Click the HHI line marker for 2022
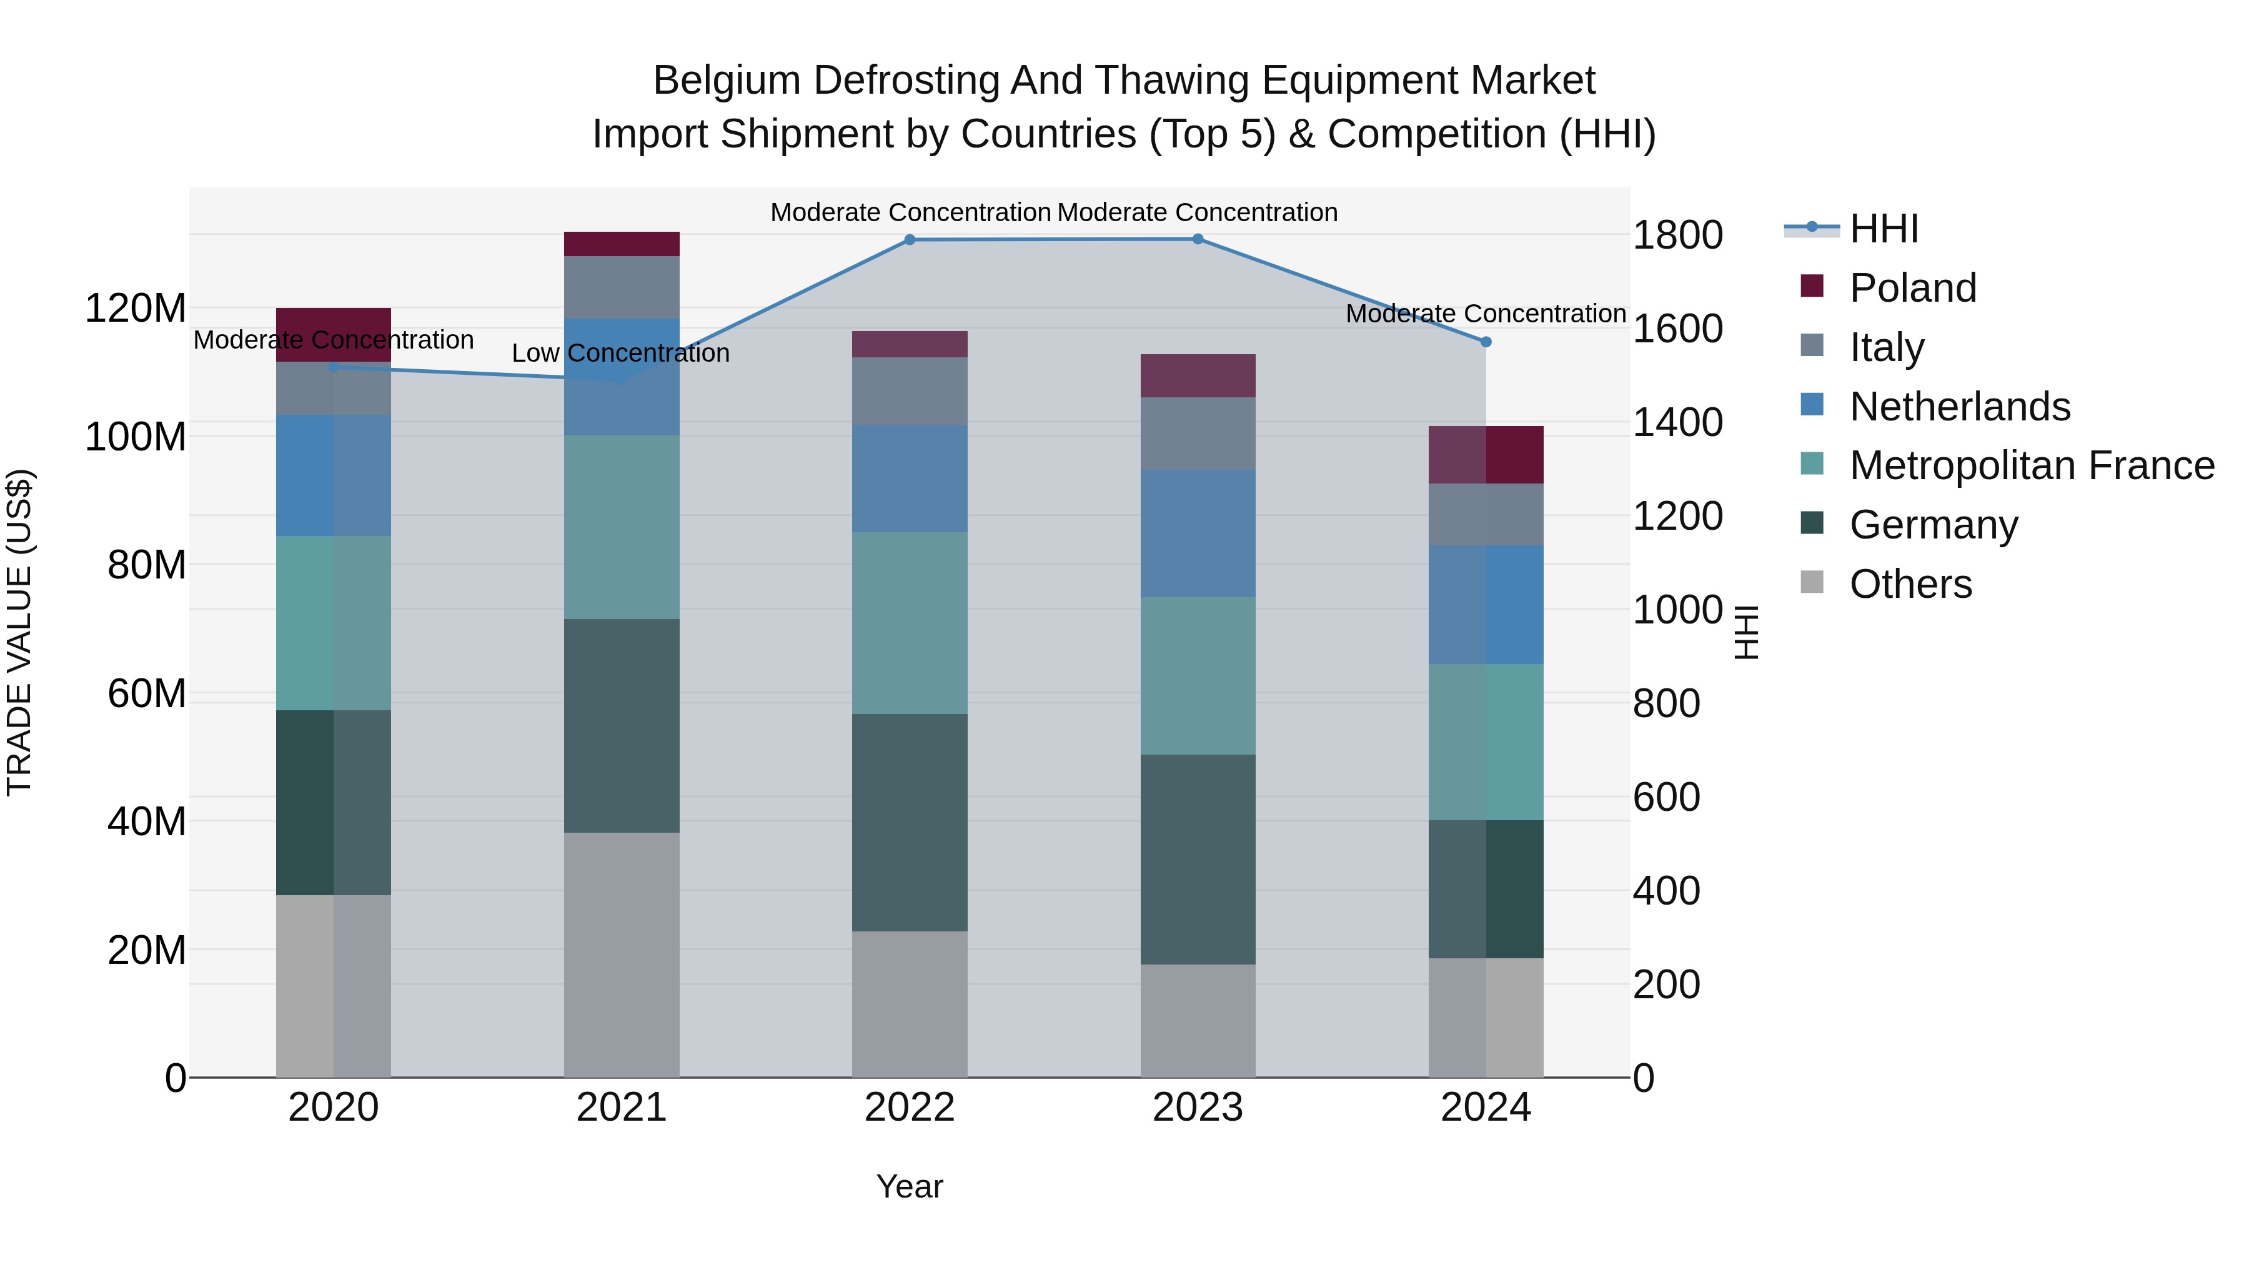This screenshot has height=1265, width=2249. click(x=910, y=240)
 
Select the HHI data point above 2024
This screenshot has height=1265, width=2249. click(x=1486, y=342)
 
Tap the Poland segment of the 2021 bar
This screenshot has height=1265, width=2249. click(x=622, y=244)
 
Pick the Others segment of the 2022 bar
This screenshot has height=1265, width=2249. click(x=910, y=1004)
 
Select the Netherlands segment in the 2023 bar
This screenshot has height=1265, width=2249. click(x=1198, y=533)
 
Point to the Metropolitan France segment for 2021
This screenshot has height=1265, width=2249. click(x=622, y=527)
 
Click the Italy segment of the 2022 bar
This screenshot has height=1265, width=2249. click(x=910, y=391)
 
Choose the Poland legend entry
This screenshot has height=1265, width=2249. click(x=1912, y=288)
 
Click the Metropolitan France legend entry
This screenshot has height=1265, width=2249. click(x=2031, y=465)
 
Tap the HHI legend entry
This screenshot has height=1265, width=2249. click(x=1883, y=229)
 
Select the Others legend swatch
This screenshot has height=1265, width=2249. click(x=1812, y=582)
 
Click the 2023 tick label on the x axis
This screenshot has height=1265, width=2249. click(x=1198, y=1108)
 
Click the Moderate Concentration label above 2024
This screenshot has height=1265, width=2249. click(x=1486, y=314)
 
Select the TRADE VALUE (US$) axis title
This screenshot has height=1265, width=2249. click(x=19, y=632)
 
